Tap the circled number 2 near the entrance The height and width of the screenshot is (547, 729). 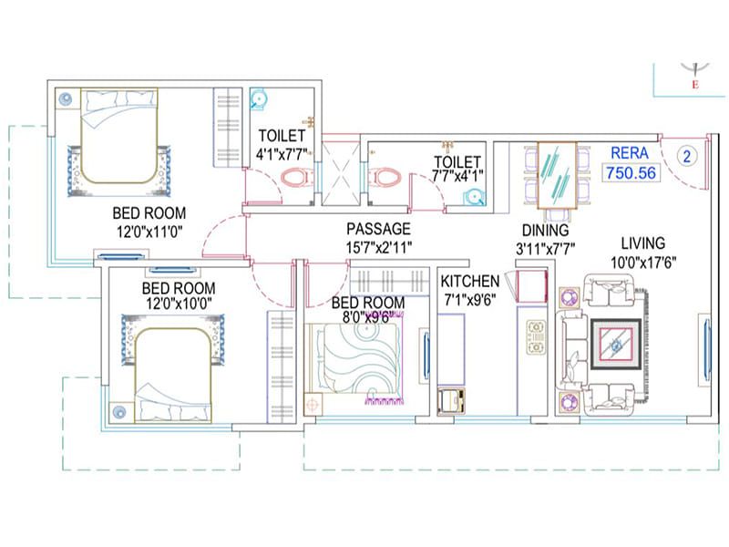coord(687,156)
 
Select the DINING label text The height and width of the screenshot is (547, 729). coord(545,232)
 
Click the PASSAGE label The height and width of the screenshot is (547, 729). coord(378,229)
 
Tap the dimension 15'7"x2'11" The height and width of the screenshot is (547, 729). coord(378,246)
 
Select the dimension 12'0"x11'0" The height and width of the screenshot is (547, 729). coord(148,232)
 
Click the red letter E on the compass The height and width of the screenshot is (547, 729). coord(695,86)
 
